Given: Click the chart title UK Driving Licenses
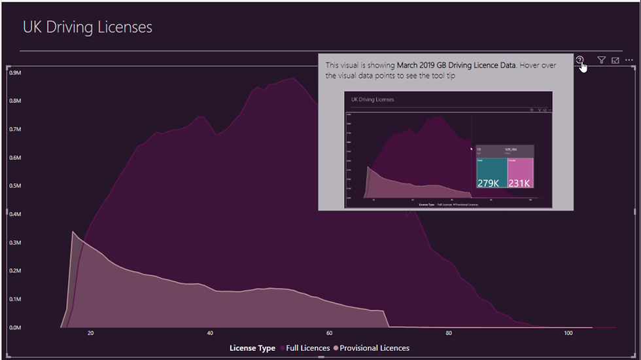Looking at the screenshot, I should point(87,27).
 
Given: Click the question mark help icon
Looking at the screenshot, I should point(580,60).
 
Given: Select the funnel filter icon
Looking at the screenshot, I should point(601,60).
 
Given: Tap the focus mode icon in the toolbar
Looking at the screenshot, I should point(615,60).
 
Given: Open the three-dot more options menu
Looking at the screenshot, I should point(629,60).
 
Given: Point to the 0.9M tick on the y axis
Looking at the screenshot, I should point(15,73).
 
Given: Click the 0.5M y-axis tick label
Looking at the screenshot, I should point(15,186).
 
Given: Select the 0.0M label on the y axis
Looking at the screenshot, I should point(15,327).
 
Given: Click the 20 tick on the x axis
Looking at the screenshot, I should point(90,334).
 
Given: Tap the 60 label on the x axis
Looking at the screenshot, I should point(329,334).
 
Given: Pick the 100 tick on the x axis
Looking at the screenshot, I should point(568,334).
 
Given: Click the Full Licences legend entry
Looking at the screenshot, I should point(305,348).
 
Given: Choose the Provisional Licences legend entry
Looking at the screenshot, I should point(373,348).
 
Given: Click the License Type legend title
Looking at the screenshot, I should point(252,348).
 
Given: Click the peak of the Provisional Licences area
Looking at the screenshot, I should point(73,232).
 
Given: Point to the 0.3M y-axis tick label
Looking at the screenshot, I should point(15,242).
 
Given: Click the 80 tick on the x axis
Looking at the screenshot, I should point(449,334).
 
